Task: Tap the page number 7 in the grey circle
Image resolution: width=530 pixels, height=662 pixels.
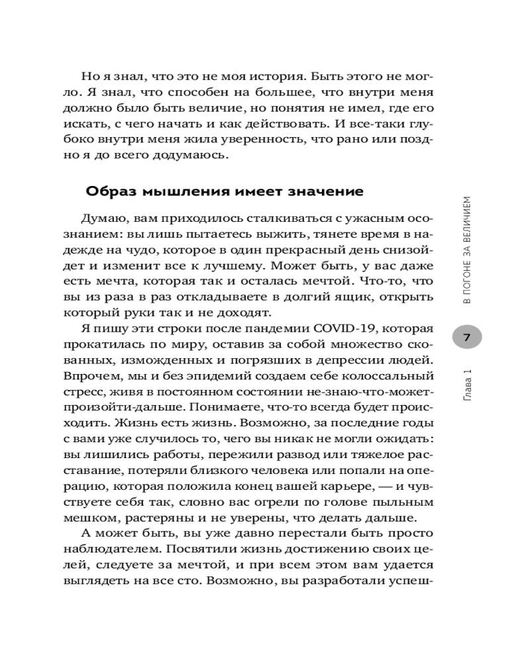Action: [x=466, y=338]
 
